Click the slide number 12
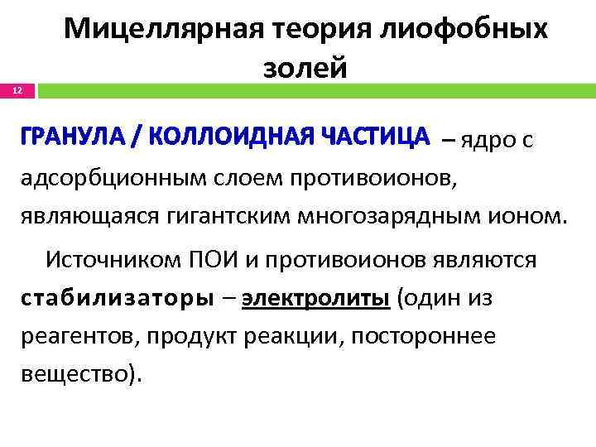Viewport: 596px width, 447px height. click(x=17, y=89)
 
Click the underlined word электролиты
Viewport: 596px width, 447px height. click(x=316, y=298)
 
